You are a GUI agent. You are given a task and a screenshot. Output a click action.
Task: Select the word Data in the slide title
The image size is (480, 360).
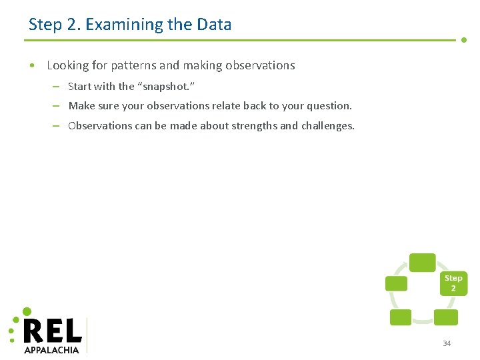point(214,25)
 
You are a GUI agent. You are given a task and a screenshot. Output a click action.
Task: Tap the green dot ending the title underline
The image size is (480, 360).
point(464,39)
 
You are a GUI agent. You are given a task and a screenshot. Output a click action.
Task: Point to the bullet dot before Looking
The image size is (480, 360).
point(32,66)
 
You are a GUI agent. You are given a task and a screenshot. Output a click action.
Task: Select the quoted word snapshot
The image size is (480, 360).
point(167,86)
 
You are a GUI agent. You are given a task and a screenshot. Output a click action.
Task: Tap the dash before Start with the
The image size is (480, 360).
point(57,86)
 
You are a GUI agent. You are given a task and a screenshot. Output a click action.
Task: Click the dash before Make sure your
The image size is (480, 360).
point(57,105)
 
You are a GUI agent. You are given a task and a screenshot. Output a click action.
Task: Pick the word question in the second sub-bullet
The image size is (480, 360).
point(329,105)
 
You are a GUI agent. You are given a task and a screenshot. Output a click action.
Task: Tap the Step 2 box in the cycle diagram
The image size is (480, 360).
point(453,283)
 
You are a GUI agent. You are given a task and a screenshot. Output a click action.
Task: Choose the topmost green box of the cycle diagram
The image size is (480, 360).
point(422,263)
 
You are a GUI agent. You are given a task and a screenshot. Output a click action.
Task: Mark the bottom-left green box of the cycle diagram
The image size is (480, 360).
point(400,317)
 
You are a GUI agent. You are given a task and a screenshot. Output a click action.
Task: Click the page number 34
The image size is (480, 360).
point(447,343)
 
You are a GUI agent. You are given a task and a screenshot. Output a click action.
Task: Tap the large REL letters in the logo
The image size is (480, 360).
point(53,330)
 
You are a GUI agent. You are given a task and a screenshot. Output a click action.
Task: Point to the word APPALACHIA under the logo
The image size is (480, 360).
point(51,349)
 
